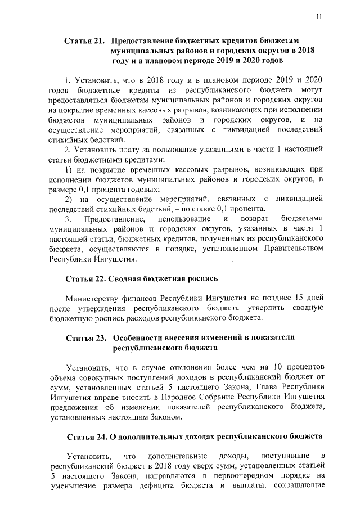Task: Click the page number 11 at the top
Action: pyautogui.click(x=318, y=16)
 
